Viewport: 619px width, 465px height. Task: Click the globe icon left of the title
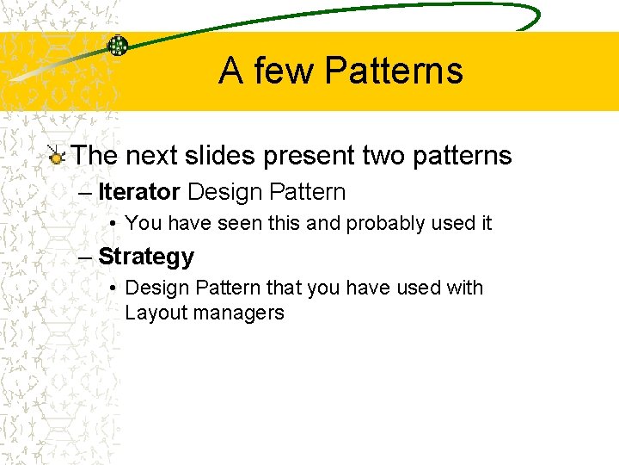point(118,46)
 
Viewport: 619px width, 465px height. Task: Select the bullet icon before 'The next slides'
point(57,156)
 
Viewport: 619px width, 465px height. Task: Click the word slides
point(223,156)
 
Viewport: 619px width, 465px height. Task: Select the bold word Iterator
point(139,191)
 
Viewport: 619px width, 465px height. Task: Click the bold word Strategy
point(146,257)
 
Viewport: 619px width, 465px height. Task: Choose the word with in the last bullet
point(464,288)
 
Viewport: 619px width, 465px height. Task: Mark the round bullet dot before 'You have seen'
point(113,224)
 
